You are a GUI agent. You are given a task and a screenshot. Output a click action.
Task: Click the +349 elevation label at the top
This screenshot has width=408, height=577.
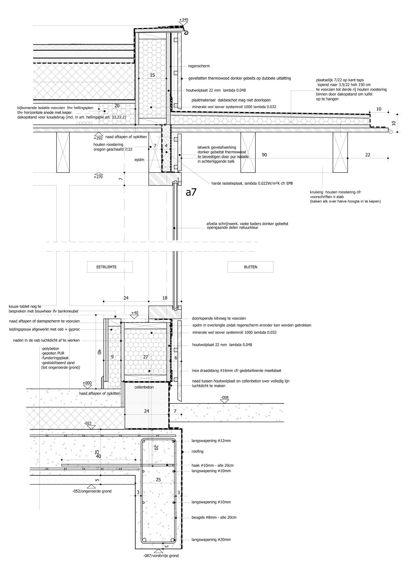(184, 20)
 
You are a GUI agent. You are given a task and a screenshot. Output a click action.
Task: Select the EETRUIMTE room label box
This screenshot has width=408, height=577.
(110, 267)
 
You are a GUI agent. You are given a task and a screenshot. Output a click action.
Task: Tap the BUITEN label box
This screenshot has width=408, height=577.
(250, 267)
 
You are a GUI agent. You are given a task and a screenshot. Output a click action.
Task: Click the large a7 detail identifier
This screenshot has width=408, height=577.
(191, 193)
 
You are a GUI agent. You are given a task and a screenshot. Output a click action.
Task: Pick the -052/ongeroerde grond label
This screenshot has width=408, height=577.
(92, 491)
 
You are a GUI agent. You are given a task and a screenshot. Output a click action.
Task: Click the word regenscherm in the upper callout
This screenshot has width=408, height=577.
(199, 66)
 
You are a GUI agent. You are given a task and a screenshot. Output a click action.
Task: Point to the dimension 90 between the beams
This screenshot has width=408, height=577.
(264, 155)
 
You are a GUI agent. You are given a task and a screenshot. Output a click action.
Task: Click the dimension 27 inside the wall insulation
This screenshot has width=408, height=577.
(146, 357)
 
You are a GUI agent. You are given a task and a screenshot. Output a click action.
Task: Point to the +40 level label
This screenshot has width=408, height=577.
(135, 313)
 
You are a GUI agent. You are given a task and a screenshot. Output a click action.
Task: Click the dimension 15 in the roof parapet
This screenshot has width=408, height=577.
(152, 75)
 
